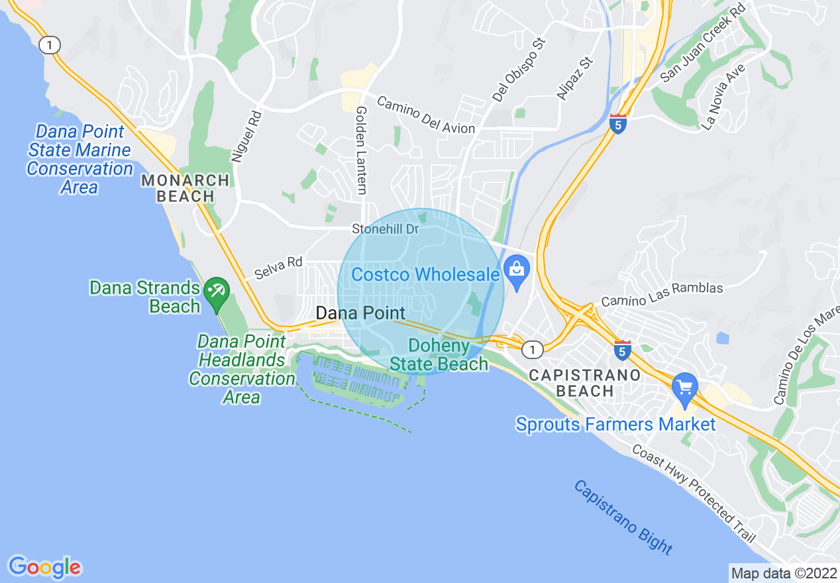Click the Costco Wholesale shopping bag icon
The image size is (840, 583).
point(515,270)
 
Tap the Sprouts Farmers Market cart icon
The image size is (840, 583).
point(684,386)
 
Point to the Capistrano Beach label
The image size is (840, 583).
point(584,383)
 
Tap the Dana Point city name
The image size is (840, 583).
point(360,313)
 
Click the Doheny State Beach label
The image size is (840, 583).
point(439,355)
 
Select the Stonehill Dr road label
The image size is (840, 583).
point(386,229)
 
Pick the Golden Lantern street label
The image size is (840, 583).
point(361,150)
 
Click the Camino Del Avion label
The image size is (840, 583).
point(426,114)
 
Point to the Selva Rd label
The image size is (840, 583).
point(278,268)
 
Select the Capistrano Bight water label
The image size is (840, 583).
point(623,517)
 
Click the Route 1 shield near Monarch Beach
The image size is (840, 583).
point(49,45)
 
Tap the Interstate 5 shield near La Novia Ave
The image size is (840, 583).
point(617,124)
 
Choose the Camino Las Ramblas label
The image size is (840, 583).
point(661,295)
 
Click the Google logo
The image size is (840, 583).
point(44,567)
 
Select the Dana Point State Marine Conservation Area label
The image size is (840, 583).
point(79,160)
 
